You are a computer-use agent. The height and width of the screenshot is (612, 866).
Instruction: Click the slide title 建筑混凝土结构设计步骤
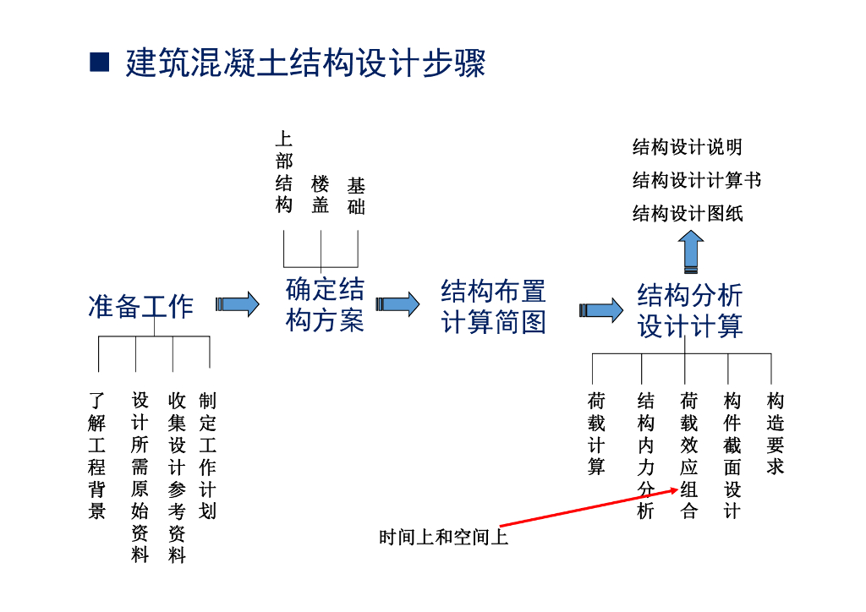305,63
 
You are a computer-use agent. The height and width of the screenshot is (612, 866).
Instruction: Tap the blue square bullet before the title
100,62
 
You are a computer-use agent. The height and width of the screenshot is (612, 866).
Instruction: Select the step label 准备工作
140,306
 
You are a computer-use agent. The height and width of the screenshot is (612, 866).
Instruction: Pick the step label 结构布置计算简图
493,306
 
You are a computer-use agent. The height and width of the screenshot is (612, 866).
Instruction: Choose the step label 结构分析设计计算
689,310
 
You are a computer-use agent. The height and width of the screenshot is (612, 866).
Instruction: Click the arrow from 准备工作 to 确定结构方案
238,304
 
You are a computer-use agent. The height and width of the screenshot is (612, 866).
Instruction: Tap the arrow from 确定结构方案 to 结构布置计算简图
397,304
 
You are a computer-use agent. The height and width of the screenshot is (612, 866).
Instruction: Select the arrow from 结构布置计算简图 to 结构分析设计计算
600,310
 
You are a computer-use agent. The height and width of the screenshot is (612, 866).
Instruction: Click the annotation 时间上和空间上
444,537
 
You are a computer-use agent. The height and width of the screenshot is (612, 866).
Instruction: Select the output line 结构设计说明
687,147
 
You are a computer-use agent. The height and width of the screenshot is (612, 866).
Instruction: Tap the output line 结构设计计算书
696,180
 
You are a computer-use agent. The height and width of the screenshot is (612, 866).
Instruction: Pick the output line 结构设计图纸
687,213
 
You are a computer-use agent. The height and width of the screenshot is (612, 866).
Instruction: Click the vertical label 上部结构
284,172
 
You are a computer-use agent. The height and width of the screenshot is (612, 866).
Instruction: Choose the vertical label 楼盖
320,194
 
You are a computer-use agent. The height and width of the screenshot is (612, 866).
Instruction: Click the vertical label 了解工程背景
97,455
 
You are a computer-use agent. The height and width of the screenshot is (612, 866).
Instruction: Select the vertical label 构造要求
775,433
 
